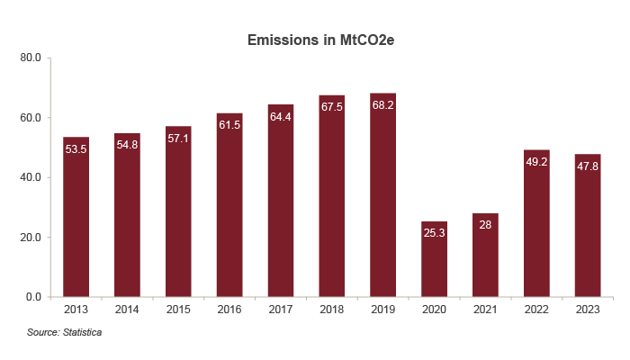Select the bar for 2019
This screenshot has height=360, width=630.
coord(383,198)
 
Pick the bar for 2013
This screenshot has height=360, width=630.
coord(76,220)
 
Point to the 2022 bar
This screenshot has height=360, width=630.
coord(536,225)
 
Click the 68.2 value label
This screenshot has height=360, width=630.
coord(383,105)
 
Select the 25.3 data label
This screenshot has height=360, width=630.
coord(434,233)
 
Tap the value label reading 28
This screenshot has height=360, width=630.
coord(485,225)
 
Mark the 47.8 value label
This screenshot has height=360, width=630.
coord(588,166)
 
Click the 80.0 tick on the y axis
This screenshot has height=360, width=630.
coord(31,58)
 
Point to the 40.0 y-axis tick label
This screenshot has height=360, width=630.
coord(31,177)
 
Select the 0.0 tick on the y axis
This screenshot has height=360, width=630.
coord(33,297)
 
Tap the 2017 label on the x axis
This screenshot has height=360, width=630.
coord(281,309)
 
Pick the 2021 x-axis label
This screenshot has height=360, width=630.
coord(485,309)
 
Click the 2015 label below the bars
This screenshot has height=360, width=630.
coord(178,309)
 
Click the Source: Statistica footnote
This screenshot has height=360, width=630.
coord(64,333)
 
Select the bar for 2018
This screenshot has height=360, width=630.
coord(332,198)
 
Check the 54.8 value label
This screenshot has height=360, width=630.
coord(127,145)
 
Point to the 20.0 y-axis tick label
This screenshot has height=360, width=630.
coord(31,238)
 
